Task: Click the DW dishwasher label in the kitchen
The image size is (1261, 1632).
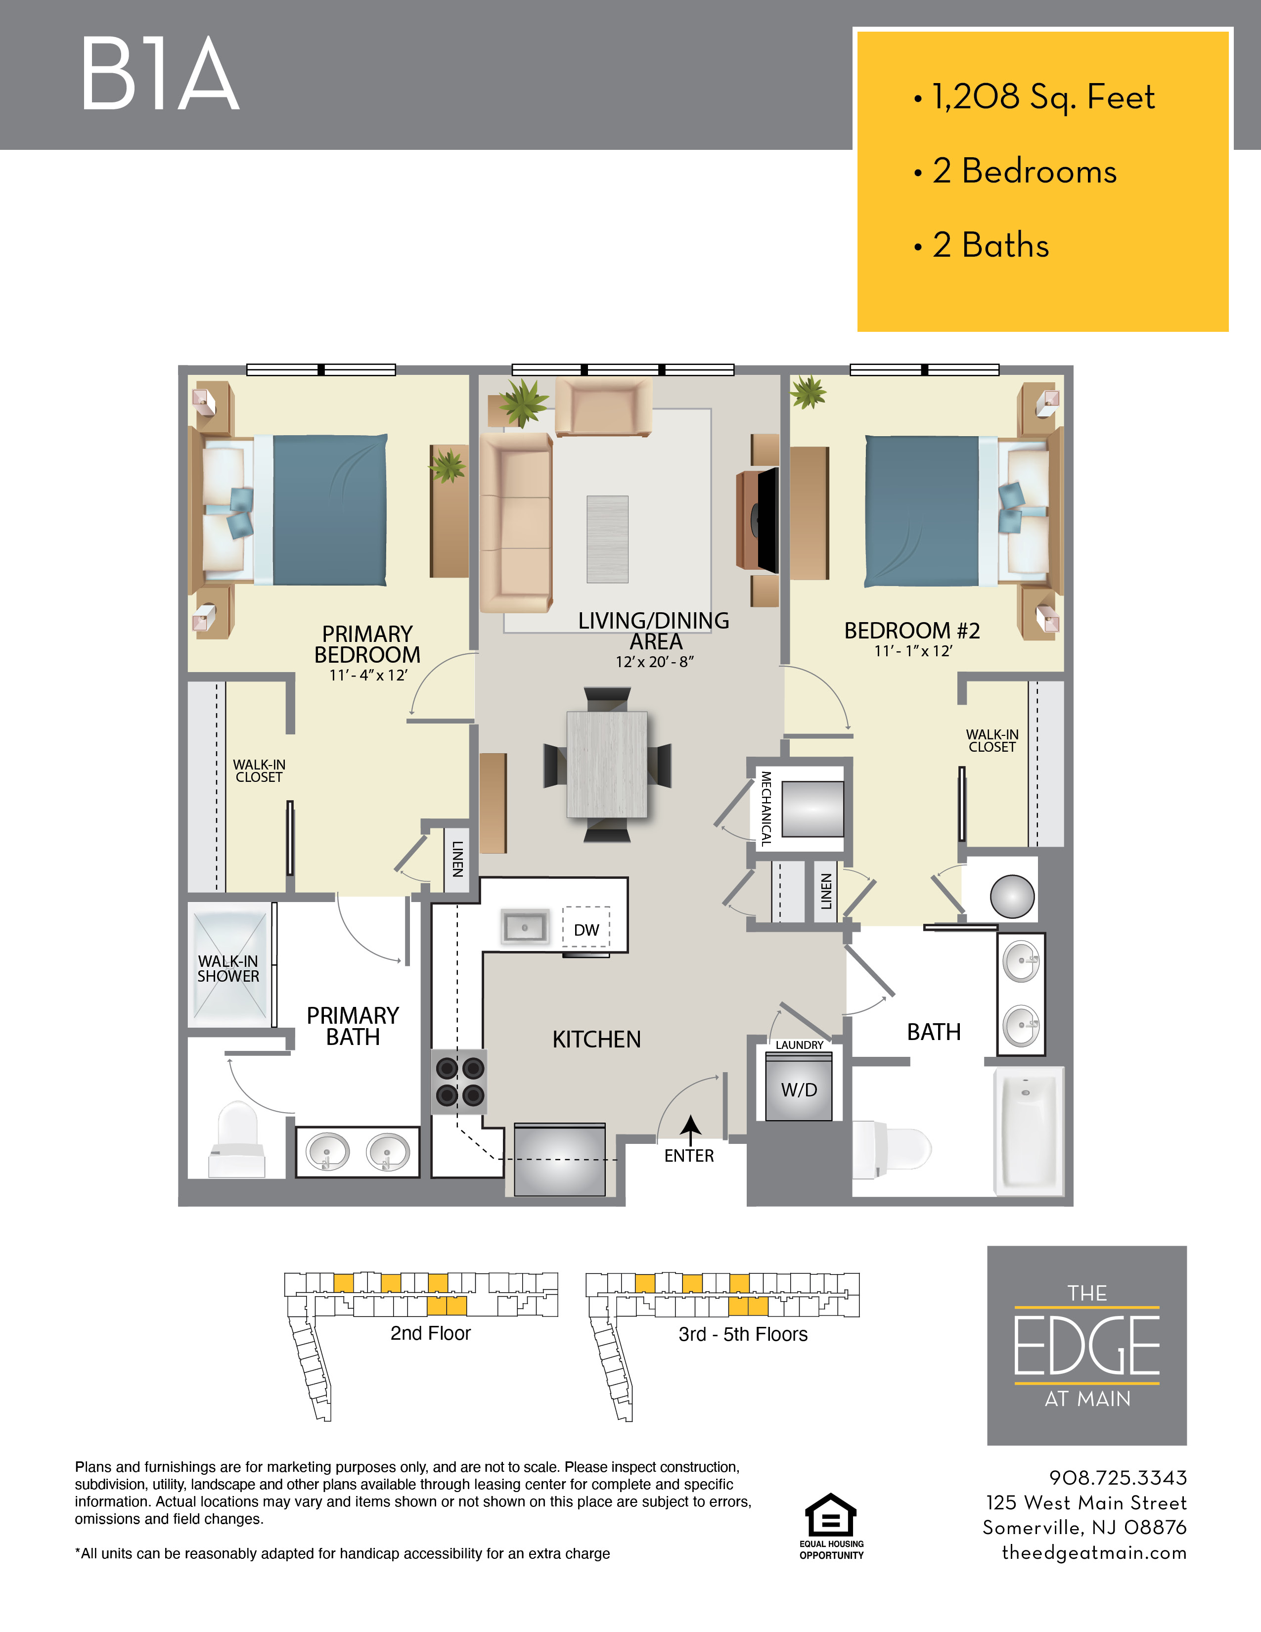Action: (586, 930)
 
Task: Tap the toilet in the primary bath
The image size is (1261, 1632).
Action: (237, 1139)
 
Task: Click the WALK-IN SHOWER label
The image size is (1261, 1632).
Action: (228, 969)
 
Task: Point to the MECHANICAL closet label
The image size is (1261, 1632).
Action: (766, 809)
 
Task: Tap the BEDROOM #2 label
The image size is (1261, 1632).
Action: (912, 631)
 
